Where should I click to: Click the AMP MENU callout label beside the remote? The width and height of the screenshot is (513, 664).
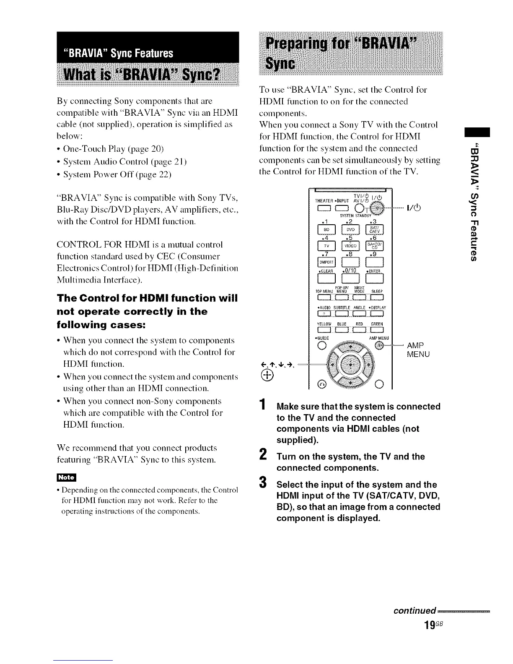coord(418,350)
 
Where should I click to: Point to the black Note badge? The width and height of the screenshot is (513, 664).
coord(66,477)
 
